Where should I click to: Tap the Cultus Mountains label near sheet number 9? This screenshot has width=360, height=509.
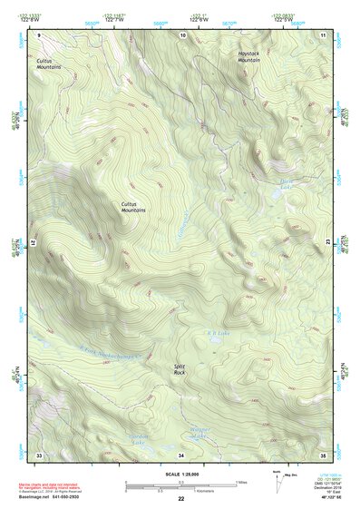pyautogui.click(x=49, y=64)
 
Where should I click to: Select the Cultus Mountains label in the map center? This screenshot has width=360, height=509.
pyautogui.click(x=133, y=207)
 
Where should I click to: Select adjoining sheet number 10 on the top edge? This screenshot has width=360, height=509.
pyautogui.click(x=182, y=34)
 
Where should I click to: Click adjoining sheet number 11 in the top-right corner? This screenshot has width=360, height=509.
pyautogui.click(x=323, y=34)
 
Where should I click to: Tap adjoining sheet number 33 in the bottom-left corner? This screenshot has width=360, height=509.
pyautogui.click(x=39, y=454)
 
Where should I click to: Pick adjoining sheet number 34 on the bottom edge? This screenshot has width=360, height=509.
pyautogui.click(x=180, y=454)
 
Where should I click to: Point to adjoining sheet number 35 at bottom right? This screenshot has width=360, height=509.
pyautogui.click(x=323, y=454)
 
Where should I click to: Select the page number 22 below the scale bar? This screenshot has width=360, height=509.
pyautogui.click(x=181, y=499)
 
